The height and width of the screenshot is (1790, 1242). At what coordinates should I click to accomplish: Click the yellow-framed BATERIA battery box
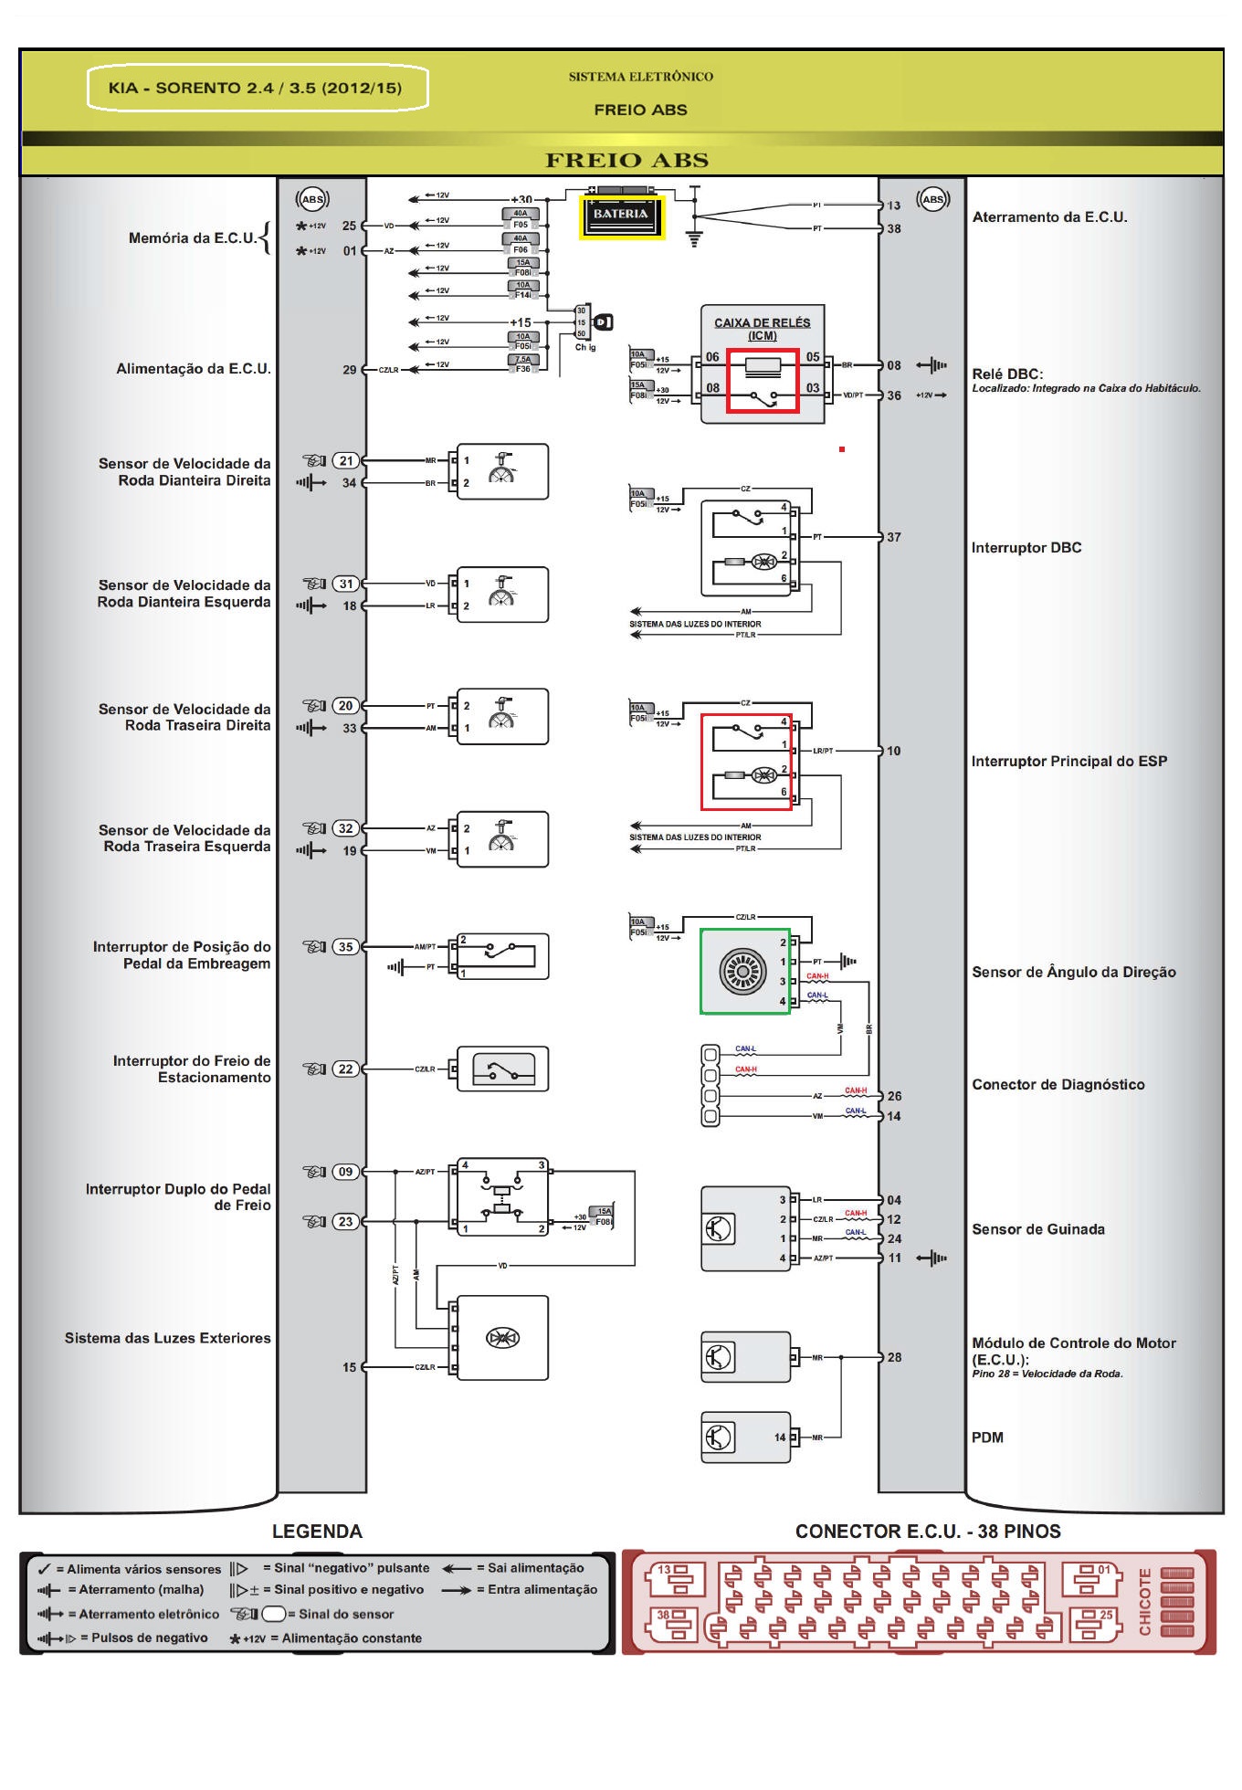click(x=621, y=216)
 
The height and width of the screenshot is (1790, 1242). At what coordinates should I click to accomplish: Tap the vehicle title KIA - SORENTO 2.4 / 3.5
click(x=255, y=89)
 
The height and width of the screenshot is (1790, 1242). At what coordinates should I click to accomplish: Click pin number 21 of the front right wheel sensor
click(x=346, y=461)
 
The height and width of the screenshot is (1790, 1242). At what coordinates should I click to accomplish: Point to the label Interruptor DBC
click(x=1026, y=548)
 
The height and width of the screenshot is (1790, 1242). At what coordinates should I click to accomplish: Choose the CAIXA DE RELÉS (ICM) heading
click(x=762, y=329)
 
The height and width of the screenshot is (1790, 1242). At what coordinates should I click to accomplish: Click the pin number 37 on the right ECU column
click(x=894, y=538)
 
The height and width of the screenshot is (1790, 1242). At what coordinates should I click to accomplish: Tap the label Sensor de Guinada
click(x=1037, y=1230)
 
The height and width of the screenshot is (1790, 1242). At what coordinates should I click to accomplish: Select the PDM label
click(x=987, y=1437)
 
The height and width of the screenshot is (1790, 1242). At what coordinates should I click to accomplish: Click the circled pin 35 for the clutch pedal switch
click(x=346, y=947)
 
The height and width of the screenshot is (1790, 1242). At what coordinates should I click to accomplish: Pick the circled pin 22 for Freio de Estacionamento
click(x=346, y=1069)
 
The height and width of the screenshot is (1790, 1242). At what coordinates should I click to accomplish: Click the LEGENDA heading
click(x=317, y=1532)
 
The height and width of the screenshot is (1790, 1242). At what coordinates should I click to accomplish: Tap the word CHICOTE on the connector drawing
click(x=1144, y=1602)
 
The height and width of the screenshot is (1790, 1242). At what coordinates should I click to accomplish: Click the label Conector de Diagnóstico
click(x=1058, y=1085)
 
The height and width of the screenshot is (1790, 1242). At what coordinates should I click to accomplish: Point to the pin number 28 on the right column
click(x=894, y=1358)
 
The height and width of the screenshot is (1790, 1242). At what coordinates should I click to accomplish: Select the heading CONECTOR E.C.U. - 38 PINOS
click(x=927, y=1532)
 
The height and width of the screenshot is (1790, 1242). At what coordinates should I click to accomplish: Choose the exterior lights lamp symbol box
click(x=502, y=1338)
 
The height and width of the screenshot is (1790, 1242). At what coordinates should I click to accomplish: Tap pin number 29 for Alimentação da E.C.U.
click(x=350, y=370)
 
